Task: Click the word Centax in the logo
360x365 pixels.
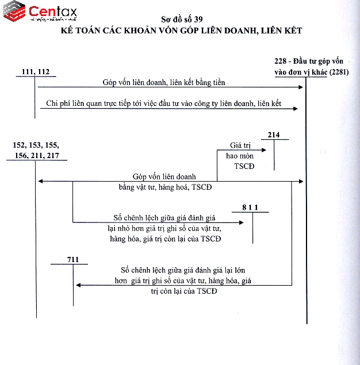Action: coord(52,11)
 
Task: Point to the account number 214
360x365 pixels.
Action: coord(273,135)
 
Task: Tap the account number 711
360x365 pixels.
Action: coord(72,260)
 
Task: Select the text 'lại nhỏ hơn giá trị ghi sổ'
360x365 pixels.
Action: coord(164,229)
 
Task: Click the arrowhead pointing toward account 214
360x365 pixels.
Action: coord(266,150)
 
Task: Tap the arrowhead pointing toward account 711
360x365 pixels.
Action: coord(78,285)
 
